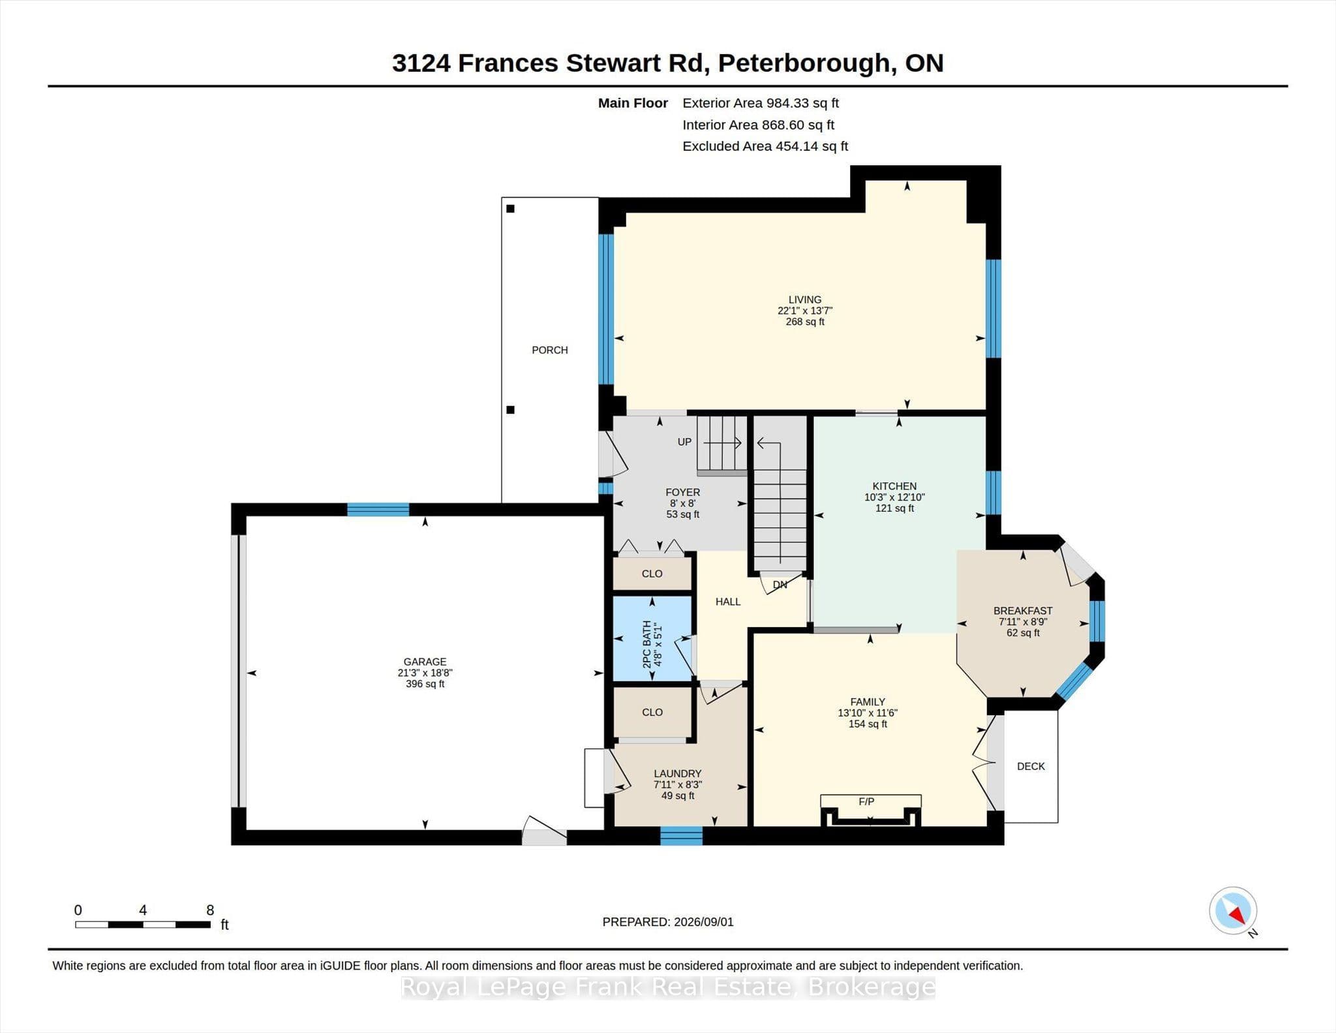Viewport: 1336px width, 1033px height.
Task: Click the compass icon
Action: coord(1233,910)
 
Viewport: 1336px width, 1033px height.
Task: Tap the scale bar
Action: coord(143,924)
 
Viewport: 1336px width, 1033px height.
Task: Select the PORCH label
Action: coord(550,350)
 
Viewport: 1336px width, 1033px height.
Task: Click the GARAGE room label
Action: coord(425,662)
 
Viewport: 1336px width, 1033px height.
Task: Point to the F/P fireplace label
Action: coord(866,801)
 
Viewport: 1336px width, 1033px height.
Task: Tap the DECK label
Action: coord(1031,766)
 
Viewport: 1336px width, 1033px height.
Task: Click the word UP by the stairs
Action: coord(684,442)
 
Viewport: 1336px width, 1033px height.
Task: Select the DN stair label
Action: coord(780,585)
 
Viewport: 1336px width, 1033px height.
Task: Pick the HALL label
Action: coord(728,602)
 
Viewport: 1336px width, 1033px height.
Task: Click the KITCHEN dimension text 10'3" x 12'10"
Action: coord(894,497)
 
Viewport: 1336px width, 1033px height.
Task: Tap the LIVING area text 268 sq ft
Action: coord(805,322)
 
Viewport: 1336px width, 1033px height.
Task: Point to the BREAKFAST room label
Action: coord(1023,611)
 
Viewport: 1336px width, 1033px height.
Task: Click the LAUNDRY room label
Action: coord(678,774)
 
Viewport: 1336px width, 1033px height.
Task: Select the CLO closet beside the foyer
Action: coord(652,574)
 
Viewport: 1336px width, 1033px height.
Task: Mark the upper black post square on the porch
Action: coord(511,209)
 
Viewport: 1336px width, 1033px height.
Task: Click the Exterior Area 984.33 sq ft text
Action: coord(761,103)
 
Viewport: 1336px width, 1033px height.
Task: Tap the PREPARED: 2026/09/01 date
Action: coord(668,922)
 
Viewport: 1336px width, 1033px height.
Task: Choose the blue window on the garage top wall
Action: coord(378,510)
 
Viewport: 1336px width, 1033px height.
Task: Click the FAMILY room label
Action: coord(868,702)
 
